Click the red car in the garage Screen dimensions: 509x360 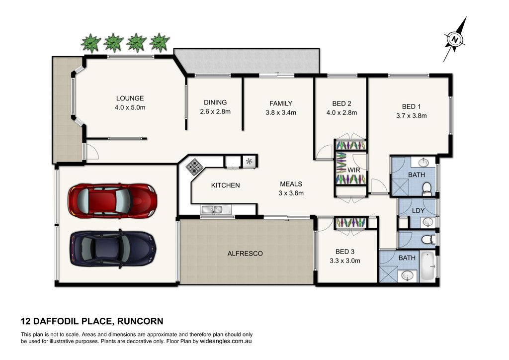[x=112, y=200]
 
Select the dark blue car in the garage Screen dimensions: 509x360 [x=113, y=248]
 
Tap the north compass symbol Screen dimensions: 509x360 [x=455, y=39]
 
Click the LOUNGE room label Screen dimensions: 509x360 [x=130, y=98]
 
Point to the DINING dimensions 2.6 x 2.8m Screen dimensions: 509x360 [x=215, y=112]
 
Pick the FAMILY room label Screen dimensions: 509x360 [x=281, y=103]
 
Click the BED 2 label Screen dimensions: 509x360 [x=341, y=103]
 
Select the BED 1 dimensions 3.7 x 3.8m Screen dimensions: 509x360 [x=411, y=115]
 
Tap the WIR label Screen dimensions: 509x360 [x=353, y=170]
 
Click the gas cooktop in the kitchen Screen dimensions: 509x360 [x=194, y=167]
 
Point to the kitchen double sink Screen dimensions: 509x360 [x=211, y=210]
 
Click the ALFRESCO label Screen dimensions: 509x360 [x=245, y=254]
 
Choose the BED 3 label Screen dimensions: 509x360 [x=345, y=252]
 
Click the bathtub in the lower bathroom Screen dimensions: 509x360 [x=428, y=266]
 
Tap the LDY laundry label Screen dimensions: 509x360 [x=418, y=211]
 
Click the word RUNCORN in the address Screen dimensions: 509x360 [x=140, y=321]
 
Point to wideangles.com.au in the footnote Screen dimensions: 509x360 [x=226, y=341]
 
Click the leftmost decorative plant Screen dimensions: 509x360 [x=90, y=43]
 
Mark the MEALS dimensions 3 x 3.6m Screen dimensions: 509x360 [x=291, y=193]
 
